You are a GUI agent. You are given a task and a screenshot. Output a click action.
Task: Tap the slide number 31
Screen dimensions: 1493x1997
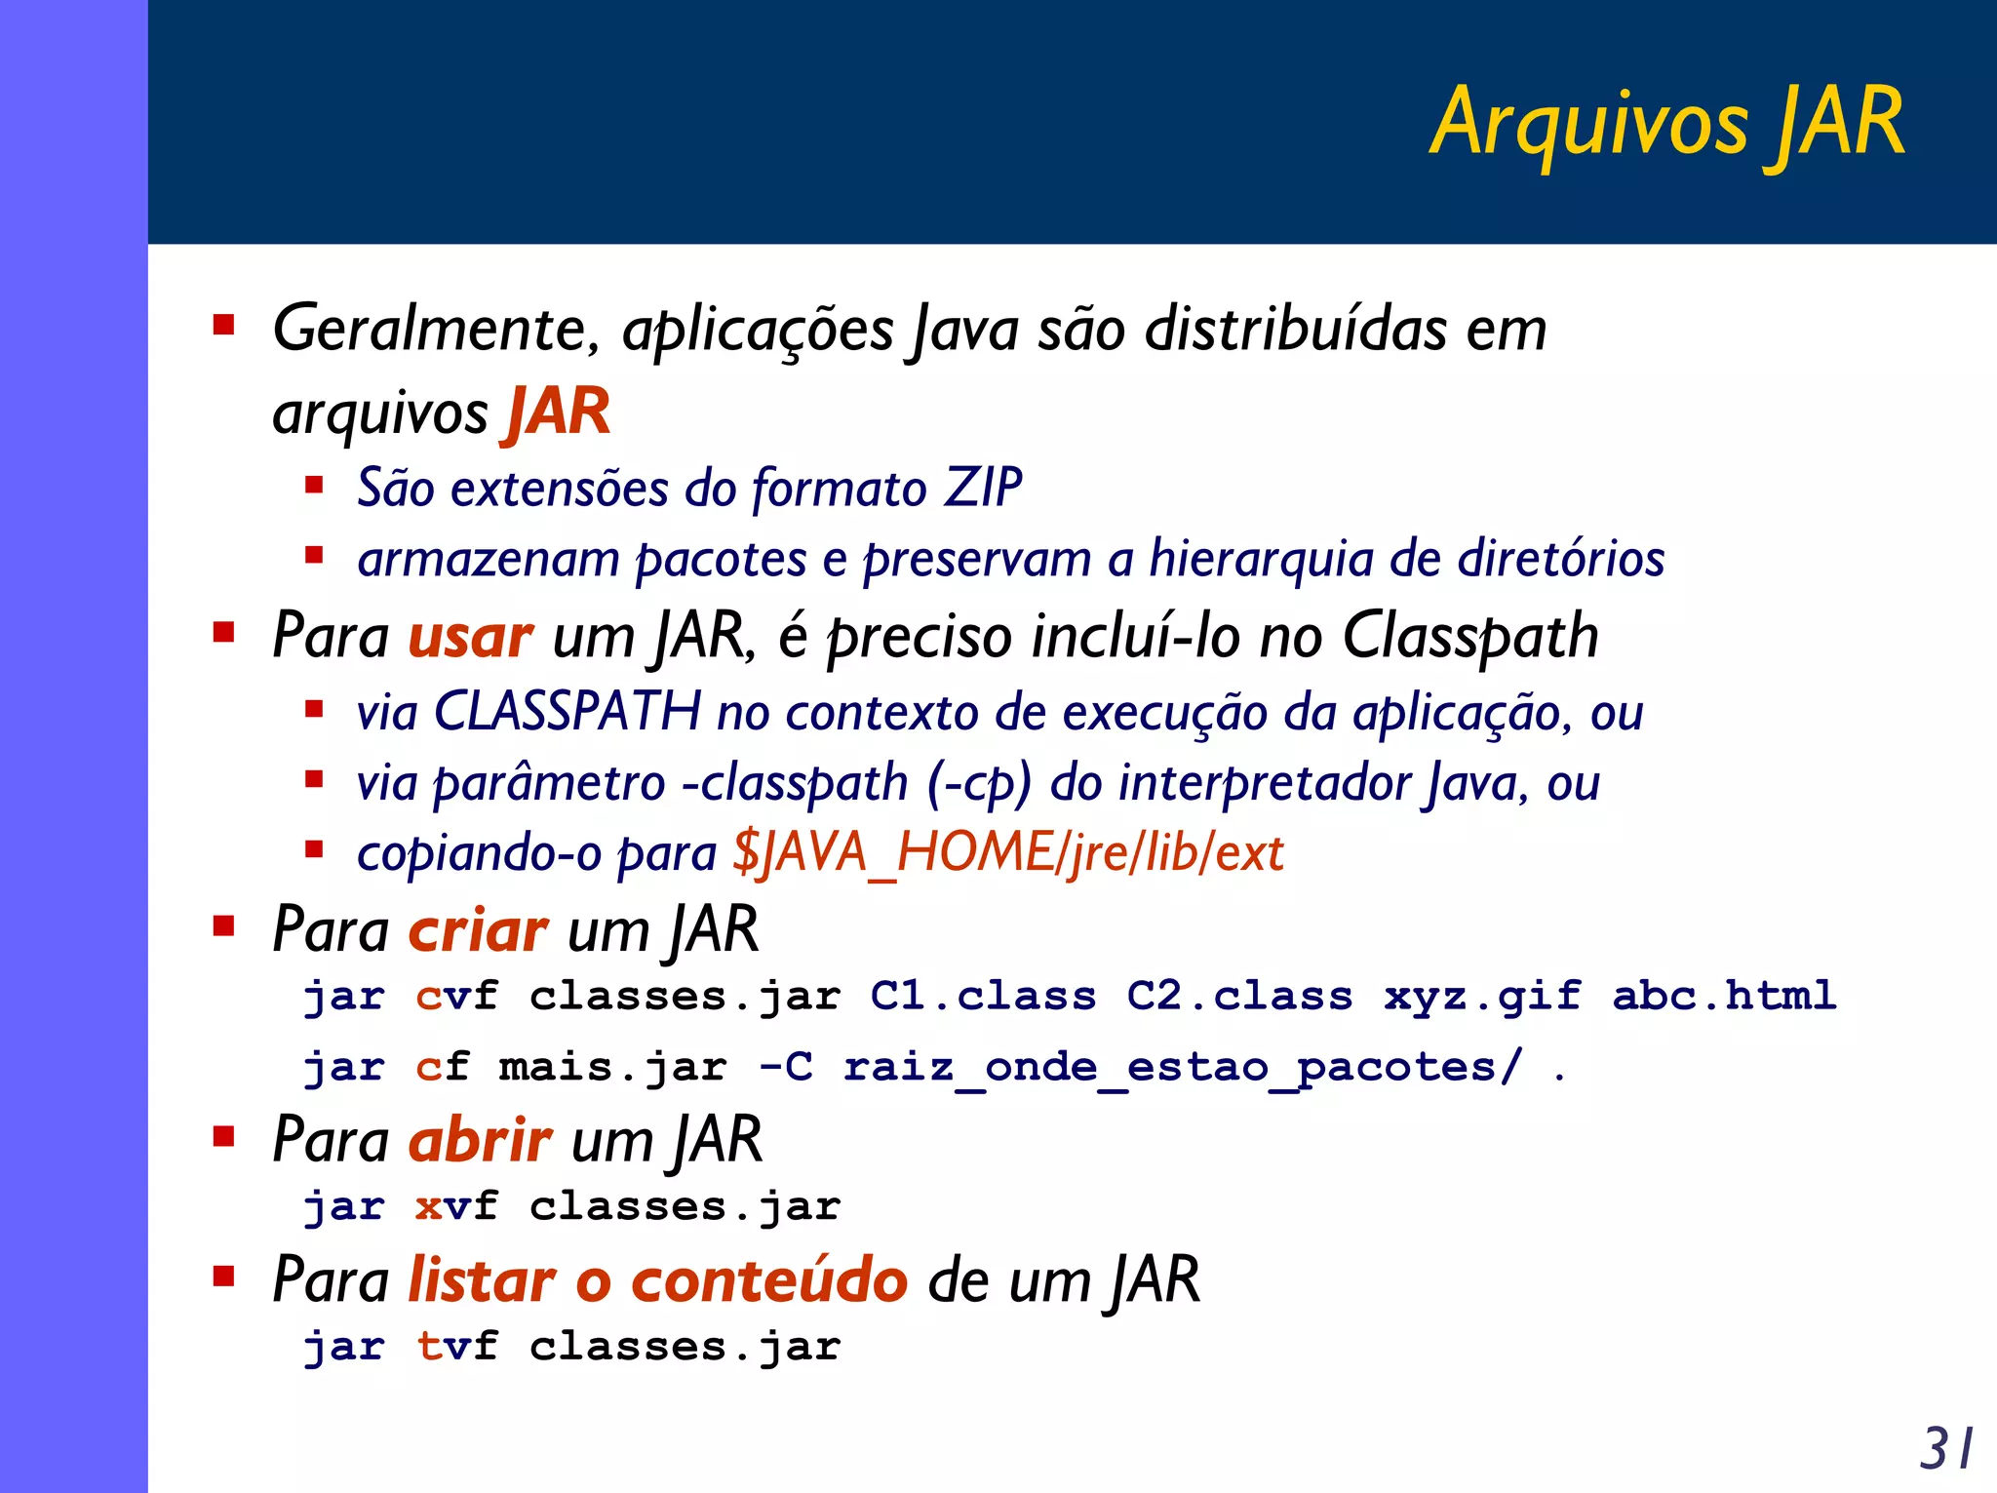(x=1945, y=1448)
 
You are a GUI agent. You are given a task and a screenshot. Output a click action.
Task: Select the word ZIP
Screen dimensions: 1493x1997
(x=983, y=488)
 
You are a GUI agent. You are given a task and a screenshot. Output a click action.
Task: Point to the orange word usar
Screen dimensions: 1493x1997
(x=470, y=637)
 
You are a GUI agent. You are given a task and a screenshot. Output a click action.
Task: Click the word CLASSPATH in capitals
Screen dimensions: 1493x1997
(x=567, y=711)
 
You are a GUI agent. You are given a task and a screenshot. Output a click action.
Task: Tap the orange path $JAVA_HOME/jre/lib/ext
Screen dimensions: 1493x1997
(x=1007, y=853)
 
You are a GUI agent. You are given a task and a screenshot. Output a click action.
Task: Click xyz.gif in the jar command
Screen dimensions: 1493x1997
(x=1481, y=997)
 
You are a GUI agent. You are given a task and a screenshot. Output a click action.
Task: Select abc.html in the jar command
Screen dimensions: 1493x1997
(x=1723, y=996)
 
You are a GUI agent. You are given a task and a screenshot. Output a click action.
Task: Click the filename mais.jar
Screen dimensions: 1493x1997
(x=612, y=1067)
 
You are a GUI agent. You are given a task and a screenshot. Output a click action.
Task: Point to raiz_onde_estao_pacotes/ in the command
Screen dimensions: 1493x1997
(x=1182, y=1068)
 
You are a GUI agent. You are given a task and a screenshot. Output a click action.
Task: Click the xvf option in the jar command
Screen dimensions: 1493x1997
(x=456, y=1207)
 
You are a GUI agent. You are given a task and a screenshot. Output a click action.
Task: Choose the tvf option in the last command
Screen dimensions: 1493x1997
(x=456, y=1347)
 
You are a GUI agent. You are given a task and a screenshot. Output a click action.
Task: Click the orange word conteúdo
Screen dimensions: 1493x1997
(x=769, y=1279)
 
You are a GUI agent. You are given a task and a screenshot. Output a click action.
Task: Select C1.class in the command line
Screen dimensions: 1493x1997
(x=983, y=997)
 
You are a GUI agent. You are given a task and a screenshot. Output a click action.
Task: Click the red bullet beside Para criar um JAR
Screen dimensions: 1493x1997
(x=224, y=924)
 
